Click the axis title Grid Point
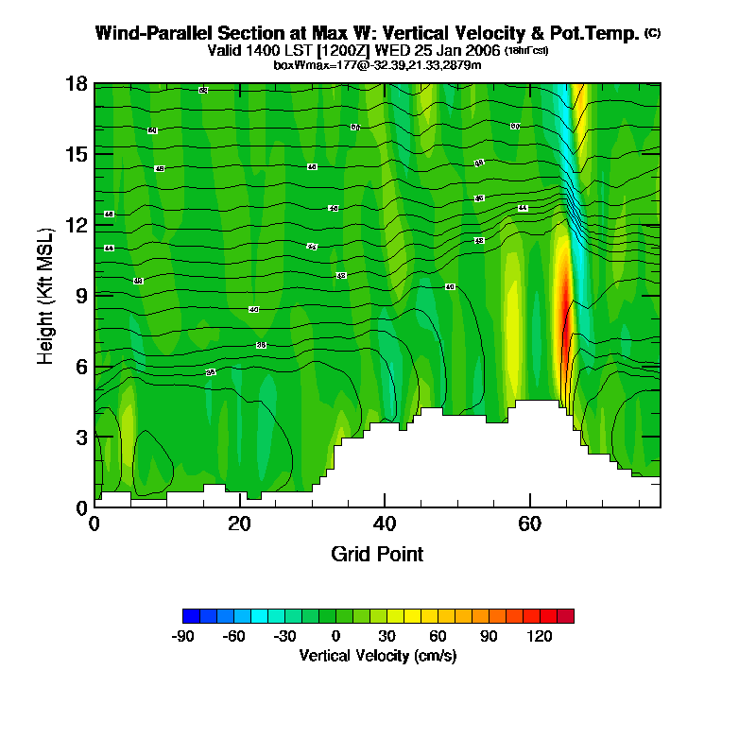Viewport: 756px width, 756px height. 377,554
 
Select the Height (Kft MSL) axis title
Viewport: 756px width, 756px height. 45,296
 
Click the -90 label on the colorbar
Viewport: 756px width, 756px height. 182,637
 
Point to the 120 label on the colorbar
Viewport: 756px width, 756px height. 540,637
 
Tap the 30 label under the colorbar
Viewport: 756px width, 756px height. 387,637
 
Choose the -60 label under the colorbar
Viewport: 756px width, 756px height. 233,637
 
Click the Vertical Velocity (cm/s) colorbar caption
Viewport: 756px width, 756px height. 377,656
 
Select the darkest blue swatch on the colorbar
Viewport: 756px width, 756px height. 191,616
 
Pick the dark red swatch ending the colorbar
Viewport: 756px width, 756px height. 565,616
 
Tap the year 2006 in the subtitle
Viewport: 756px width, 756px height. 481,50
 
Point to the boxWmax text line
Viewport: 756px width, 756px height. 377,64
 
